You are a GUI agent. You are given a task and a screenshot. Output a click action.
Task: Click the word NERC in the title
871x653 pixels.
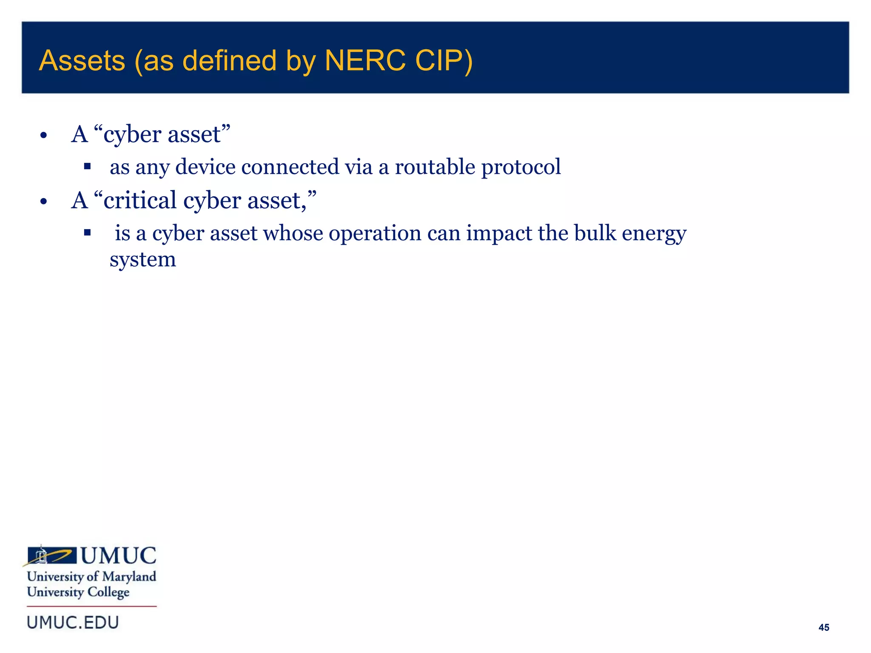pyautogui.click(x=364, y=60)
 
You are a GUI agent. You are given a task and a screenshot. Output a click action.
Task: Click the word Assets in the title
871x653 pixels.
pyautogui.click(x=82, y=60)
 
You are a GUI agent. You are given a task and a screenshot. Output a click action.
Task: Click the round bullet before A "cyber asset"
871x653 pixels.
pyautogui.click(x=43, y=136)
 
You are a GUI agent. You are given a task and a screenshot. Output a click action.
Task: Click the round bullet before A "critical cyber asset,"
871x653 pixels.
pyautogui.click(x=43, y=202)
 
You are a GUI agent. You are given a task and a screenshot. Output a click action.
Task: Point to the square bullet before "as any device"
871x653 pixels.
pyautogui.click(x=87, y=166)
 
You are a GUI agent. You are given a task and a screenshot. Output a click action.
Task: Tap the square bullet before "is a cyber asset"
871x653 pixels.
pyautogui.click(x=87, y=233)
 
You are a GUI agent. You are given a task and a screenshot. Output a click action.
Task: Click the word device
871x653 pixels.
pyautogui.click(x=205, y=166)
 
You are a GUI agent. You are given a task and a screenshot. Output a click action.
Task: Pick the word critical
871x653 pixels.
pyautogui.click(x=140, y=200)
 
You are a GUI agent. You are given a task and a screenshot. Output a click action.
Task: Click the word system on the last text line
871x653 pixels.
pyautogui.click(x=142, y=259)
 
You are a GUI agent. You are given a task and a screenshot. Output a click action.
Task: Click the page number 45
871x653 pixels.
pyautogui.click(x=823, y=627)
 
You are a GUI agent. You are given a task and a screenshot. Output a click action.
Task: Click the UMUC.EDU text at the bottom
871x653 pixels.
pyautogui.click(x=73, y=622)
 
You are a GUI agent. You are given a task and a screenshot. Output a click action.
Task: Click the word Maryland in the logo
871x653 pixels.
pyautogui.click(x=129, y=576)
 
